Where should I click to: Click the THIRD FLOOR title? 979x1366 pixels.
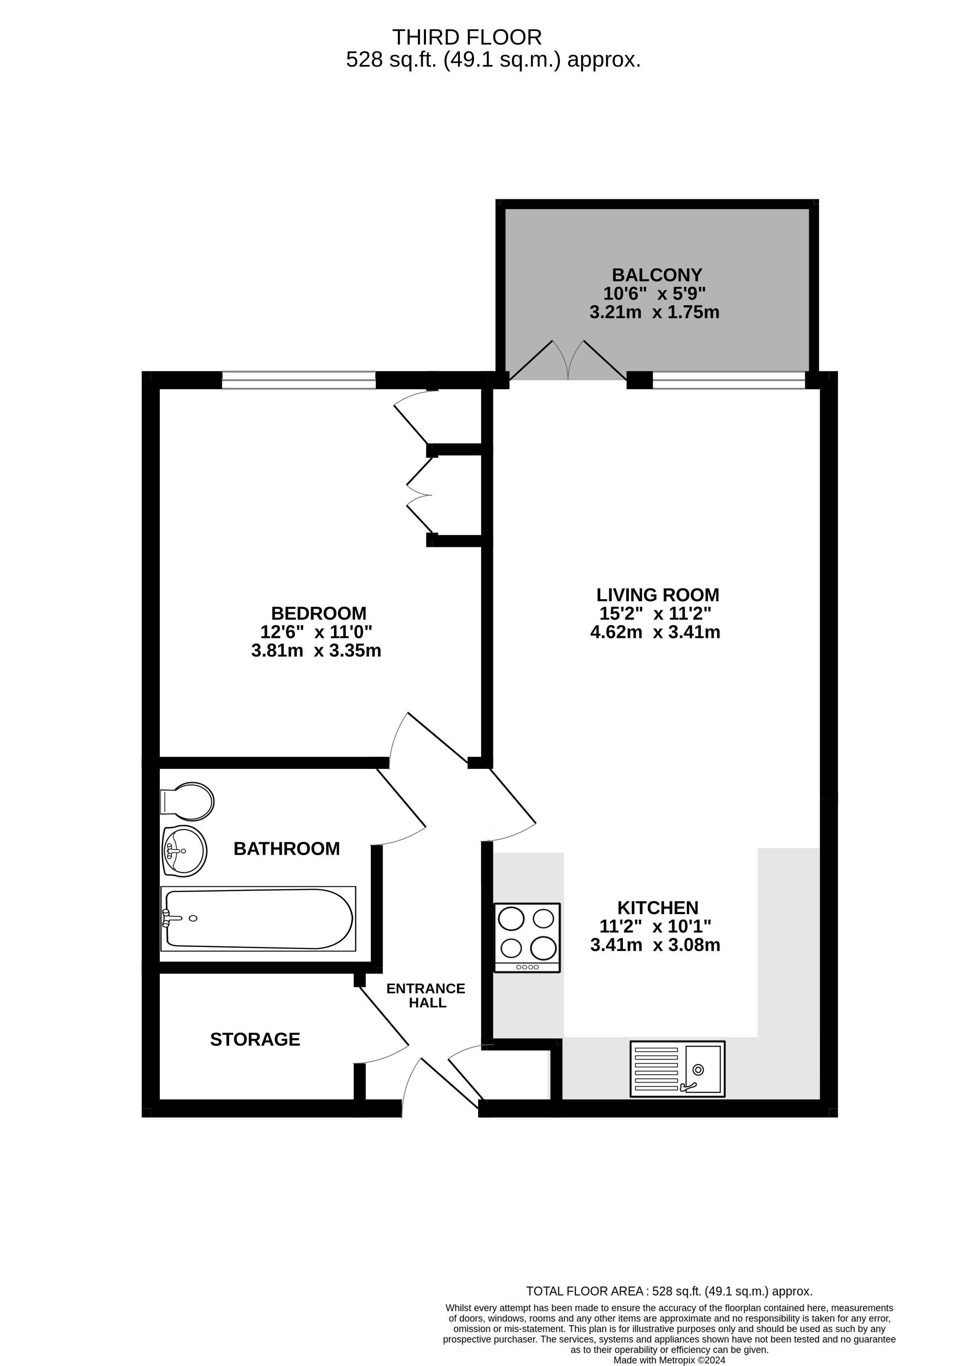tap(467, 37)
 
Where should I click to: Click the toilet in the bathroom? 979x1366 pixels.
tap(188, 801)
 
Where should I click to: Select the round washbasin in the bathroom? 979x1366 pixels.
tap(184, 850)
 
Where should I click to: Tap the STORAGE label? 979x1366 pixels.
tap(255, 1039)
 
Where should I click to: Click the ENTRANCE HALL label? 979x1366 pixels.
tap(426, 995)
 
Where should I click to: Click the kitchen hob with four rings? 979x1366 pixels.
tap(527, 937)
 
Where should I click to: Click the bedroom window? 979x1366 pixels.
tap(299, 380)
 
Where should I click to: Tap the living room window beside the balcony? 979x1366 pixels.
tap(729, 380)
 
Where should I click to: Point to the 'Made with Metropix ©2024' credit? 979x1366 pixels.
tap(670, 1360)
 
